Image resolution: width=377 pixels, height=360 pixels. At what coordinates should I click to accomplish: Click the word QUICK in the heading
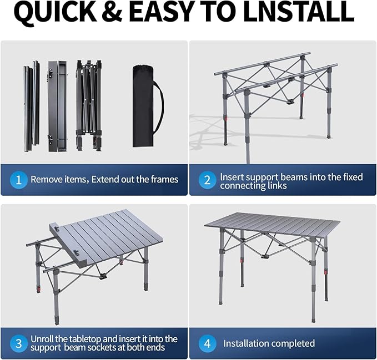coord(56,12)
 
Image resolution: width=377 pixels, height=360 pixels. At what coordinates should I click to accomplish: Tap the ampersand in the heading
coord(113,12)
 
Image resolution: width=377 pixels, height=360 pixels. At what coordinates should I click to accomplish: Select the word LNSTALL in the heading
coord(298,12)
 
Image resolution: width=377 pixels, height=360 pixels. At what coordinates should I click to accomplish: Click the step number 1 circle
coord(19,180)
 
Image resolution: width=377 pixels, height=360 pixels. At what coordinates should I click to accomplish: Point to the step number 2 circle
coord(207,180)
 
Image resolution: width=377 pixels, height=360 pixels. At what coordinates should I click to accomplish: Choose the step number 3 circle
coord(19,343)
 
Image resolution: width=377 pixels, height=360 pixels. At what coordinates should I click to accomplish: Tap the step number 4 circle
coord(207,343)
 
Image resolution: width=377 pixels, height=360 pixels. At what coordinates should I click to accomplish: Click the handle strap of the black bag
coord(159,106)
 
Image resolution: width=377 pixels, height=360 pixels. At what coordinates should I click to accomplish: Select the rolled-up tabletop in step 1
coord(58,106)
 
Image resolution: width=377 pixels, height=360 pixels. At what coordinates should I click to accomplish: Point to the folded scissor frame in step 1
coord(89,105)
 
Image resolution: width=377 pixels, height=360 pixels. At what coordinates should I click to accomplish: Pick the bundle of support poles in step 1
coord(32,106)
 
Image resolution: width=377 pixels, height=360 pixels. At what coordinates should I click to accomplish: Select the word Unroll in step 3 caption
coord(42,339)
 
